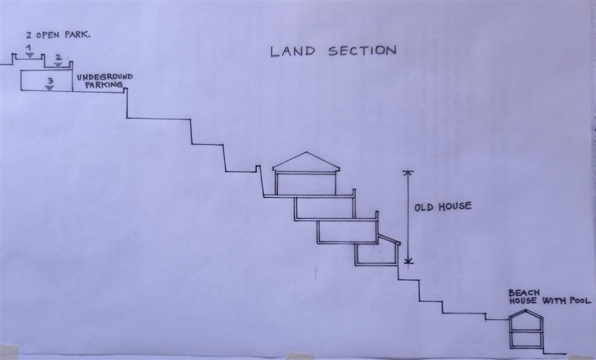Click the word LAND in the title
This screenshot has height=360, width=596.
coord(293,52)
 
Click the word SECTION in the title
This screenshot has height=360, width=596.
coord(362,51)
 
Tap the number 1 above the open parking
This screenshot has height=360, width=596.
coord(29,48)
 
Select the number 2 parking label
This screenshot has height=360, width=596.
coord(58,58)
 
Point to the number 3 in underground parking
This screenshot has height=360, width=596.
coord(50,81)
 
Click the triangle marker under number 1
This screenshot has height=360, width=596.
coord(30,56)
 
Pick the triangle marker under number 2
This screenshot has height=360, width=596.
coord(58,65)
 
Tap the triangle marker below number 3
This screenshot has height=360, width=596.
coord(49,88)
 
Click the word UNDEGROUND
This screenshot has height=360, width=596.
coord(105,77)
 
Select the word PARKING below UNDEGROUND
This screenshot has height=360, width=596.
coord(104,85)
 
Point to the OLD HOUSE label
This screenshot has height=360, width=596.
coord(443,207)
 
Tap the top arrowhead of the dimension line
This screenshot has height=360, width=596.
coord(408,173)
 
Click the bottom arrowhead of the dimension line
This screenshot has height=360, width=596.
coord(408,261)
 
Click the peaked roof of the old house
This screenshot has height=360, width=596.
coord(306,162)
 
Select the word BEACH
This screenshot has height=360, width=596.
coord(524,293)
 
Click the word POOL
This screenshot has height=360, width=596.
coord(580,301)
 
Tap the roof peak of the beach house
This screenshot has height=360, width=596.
coord(526,310)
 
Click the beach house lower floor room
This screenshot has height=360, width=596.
coord(526,339)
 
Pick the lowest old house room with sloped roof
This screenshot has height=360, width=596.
coord(377,251)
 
